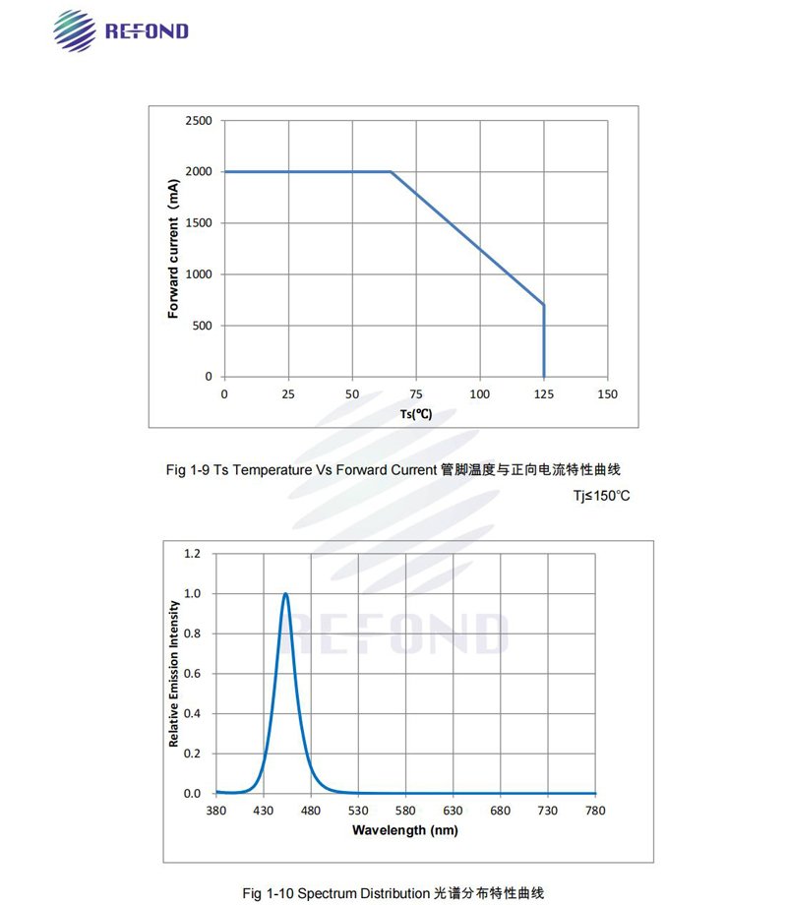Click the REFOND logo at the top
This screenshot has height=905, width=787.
point(119,30)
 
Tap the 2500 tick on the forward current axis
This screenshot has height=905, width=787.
point(199,121)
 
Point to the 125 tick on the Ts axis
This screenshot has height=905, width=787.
point(544,394)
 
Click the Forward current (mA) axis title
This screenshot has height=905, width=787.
point(173,249)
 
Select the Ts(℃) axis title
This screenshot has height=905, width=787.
point(416,414)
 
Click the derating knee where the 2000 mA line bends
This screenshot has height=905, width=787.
point(391,172)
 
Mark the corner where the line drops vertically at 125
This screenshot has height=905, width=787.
point(544,305)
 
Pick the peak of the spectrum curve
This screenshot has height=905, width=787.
point(285,593)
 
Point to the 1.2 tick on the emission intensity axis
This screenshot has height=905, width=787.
point(192,554)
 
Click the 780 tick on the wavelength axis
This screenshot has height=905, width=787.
point(595,811)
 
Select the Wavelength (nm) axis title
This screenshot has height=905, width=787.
point(405,829)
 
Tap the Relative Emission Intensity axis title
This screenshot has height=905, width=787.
point(174,673)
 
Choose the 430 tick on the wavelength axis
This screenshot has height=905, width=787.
point(264,811)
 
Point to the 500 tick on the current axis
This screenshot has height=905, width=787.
point(202,326)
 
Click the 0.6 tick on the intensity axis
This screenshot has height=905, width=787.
point(192,674)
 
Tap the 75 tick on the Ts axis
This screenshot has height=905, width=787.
point(416,394)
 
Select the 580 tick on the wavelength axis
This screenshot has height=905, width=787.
point(405,811)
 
